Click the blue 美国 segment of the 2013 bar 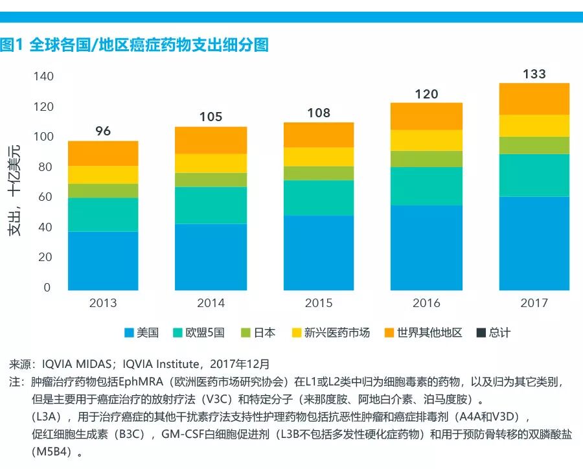pos(103,260)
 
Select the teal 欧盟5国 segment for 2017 pos(534,175)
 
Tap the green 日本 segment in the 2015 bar pos(319,173)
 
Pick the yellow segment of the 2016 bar pos(426,140)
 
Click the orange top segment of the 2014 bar pos(211,140)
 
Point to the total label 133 pos(534,74)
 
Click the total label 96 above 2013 pos(103,131)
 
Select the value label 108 pos(319,113)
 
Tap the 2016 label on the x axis pos(426,303)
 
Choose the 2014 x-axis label pos(211,303)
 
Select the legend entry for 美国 pos(142,333)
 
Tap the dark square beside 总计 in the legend pos(481,333)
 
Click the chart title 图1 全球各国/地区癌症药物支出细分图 pos(135,45)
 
